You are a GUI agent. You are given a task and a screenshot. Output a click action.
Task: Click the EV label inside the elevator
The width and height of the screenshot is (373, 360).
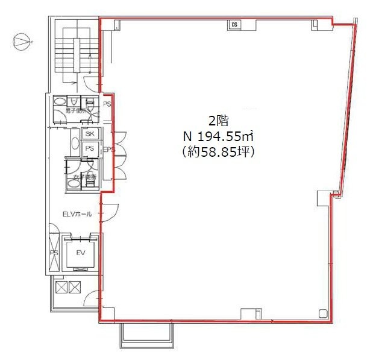pyautogui.click(x=80, y=254)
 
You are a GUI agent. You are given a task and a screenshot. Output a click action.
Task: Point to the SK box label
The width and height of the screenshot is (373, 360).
pyautogui.click(x=90, y=134)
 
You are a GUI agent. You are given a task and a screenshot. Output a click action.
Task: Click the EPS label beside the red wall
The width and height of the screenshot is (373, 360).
pyautogui.click(x=109, y=150)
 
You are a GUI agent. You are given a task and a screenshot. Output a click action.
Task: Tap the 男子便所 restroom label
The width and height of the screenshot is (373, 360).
pyautogui.click(x=77, y=112)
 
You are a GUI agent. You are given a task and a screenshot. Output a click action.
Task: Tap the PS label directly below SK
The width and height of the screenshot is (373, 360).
pyautogui.click(x=90, y=148)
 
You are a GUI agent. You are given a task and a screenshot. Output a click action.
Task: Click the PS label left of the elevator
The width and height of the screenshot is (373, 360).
pyautogui.click(x=53, y=253)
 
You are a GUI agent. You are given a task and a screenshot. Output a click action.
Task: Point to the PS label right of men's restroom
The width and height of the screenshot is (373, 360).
pyautogui.click(x=107, y=104)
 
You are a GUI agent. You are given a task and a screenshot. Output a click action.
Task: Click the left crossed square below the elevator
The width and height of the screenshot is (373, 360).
pyautogui.click(x=61, y=288)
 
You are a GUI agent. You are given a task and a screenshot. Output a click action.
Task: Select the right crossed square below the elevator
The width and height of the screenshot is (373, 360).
pyautogui.click(x=74, y=288)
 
